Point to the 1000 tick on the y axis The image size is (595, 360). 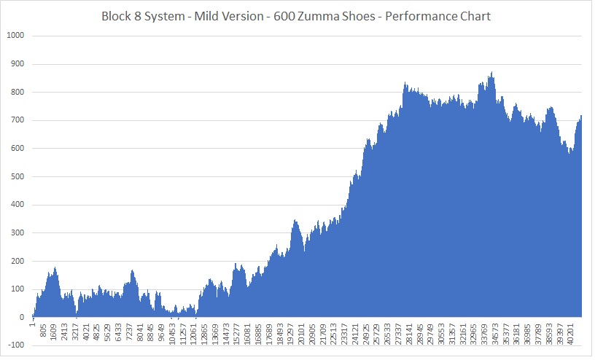click(x=15, y=36)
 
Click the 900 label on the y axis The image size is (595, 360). click(x=17, y=64)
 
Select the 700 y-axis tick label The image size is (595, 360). click(x=17, y=120)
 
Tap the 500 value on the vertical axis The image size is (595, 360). click(x=17, y=177)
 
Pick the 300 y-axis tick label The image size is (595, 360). click(x=17, y=233)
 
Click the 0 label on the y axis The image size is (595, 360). click(x=22, y=318)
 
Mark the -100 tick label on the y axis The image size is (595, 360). click(x=15, y=346)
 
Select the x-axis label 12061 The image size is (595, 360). click(x=193, y=334)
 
